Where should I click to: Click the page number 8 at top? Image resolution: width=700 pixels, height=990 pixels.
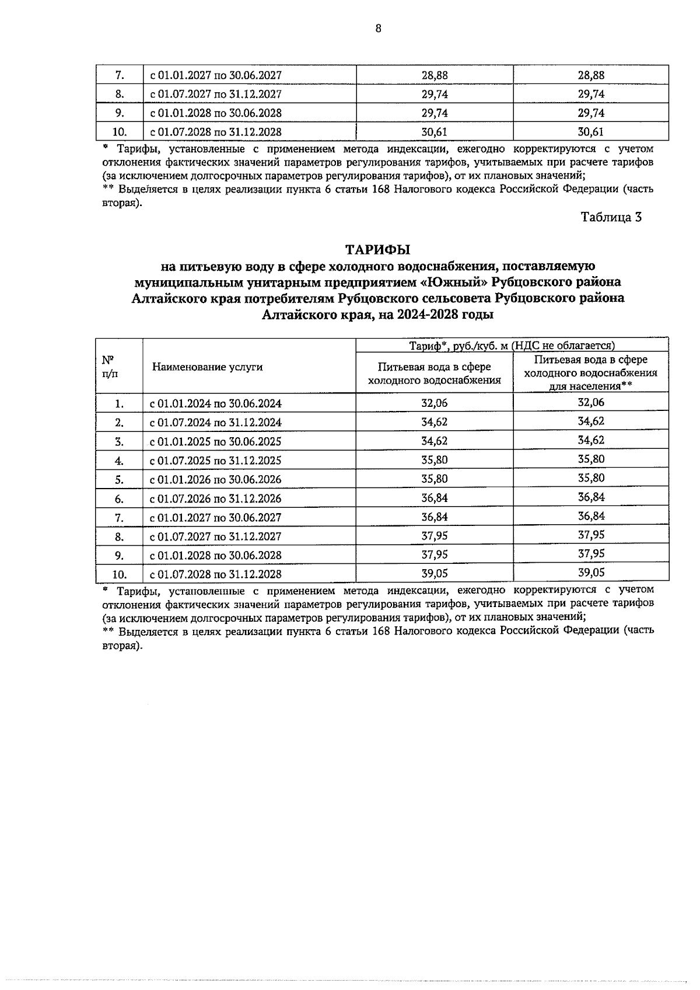[x=378, y=27]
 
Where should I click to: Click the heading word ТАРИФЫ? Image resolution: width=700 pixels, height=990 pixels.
[x=377, y=250]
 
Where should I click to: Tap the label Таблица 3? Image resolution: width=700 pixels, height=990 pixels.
[x=611, y=217]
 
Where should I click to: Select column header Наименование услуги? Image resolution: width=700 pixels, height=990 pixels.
[x=207, y=367]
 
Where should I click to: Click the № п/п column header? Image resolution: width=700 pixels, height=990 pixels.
[x=108, y=367]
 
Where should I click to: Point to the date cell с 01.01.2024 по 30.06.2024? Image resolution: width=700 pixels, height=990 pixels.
[x=216, y=403]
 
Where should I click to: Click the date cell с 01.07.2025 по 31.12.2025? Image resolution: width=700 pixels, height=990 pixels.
[x=216, y=461]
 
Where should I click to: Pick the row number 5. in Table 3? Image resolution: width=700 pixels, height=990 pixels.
[x=120, y=480]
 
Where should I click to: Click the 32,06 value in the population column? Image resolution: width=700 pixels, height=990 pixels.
[x=591, y=402]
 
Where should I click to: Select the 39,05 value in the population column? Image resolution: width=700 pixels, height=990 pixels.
[x=591, y=573]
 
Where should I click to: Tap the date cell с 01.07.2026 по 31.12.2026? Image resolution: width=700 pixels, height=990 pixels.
[x=216, y=499]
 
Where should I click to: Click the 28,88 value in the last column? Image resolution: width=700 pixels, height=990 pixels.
[x=591, y=75]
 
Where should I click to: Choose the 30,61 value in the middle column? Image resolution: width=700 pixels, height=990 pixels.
[x=434, y=132]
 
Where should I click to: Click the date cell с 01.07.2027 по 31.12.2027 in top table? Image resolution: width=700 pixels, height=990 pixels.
[x=216, y=94]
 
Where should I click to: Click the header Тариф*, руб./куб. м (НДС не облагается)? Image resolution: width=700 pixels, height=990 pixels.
[x=512, y=346]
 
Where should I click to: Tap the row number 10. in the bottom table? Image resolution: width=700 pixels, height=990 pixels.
[x=120, y=574]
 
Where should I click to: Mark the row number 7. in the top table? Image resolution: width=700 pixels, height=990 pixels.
[x=120, y=75]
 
